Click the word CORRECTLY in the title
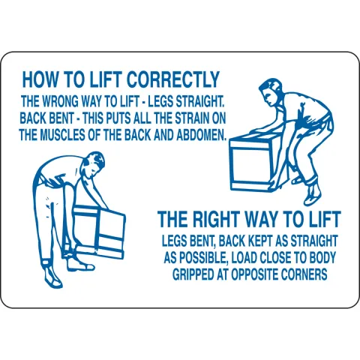174,79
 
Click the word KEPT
260,241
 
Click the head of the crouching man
271,91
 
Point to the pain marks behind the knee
51,204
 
